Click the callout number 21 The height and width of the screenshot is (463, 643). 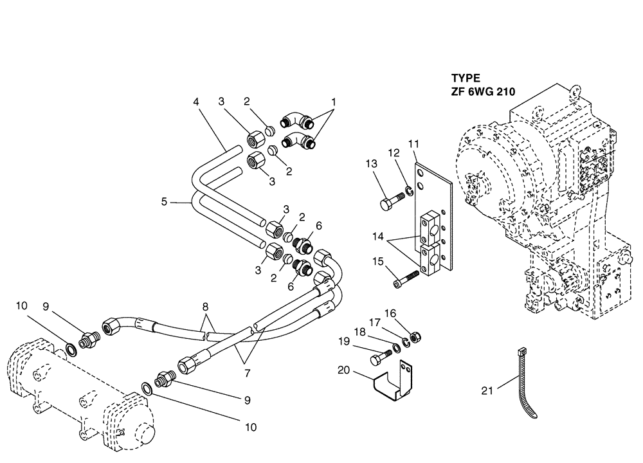point(487,390)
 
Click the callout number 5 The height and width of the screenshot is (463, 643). point(164,201)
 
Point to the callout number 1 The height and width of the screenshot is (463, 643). point(334,102)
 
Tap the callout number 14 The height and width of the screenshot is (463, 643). point(377,237)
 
